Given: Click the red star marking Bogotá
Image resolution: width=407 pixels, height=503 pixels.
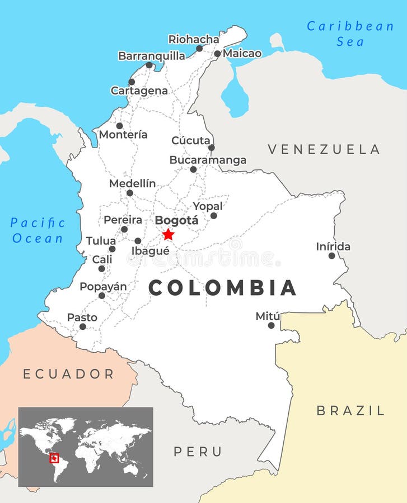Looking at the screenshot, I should [x=168, y=235].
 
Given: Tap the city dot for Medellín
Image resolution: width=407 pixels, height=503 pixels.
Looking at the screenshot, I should [x=130, y=193].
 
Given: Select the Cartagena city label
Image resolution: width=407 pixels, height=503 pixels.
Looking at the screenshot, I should [x=139, y=91].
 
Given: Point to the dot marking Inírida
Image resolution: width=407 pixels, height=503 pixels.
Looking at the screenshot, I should [x=332, y=255].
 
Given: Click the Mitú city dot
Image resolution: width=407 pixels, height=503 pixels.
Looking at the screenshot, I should [x=271, y=325].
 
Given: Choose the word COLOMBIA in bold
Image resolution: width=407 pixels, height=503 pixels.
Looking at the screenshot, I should [x=222, y=288].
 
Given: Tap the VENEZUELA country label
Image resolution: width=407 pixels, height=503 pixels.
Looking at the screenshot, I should [x=324, y=149].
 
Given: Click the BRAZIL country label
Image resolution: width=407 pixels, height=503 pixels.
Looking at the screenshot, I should [x=350, y=411].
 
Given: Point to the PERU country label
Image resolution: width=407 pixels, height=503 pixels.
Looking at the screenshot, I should [x=198, y=452].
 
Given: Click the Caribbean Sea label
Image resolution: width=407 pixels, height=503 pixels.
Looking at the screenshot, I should [x=350, y=34].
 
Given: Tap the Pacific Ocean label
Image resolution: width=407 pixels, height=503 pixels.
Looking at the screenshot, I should [x=38, y=230].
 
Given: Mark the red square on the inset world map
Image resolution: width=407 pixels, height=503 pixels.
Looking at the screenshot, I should [x=54, y=458].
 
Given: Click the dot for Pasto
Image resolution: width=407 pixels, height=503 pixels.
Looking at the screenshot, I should [x=83, y=326].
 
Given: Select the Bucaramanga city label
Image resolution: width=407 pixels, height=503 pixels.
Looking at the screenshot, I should [x=208, y=160].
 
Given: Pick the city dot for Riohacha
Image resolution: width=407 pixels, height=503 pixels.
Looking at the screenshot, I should [x=199, y=49].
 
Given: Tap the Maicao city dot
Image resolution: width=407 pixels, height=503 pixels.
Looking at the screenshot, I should [x=217, y=54].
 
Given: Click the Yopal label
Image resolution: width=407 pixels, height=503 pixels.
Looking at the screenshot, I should [x=208, y=206].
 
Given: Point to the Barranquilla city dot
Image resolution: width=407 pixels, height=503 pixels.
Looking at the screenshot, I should [x=149, y=65].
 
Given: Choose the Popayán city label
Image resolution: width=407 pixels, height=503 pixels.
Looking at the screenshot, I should [x=103, y=287].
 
